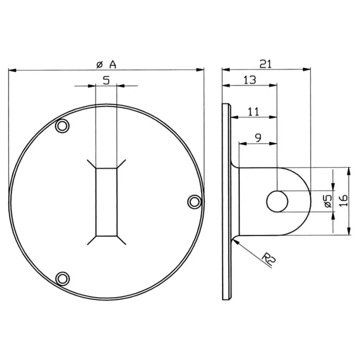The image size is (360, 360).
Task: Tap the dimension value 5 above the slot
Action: [106, 80]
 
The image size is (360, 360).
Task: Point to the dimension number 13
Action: [249, 80]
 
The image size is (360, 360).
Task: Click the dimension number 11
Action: [253, 111]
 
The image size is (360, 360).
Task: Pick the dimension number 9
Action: [258, 138]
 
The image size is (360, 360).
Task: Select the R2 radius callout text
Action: [267, 258]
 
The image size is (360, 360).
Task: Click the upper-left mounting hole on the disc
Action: [62, 126]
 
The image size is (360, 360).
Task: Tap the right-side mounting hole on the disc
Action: [194, 202]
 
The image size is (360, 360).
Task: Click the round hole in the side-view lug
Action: [277, 201]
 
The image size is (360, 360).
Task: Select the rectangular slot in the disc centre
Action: [106, 202]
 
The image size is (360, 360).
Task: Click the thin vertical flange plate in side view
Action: [226, 202]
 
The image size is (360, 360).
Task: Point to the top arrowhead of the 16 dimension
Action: [348, 170]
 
